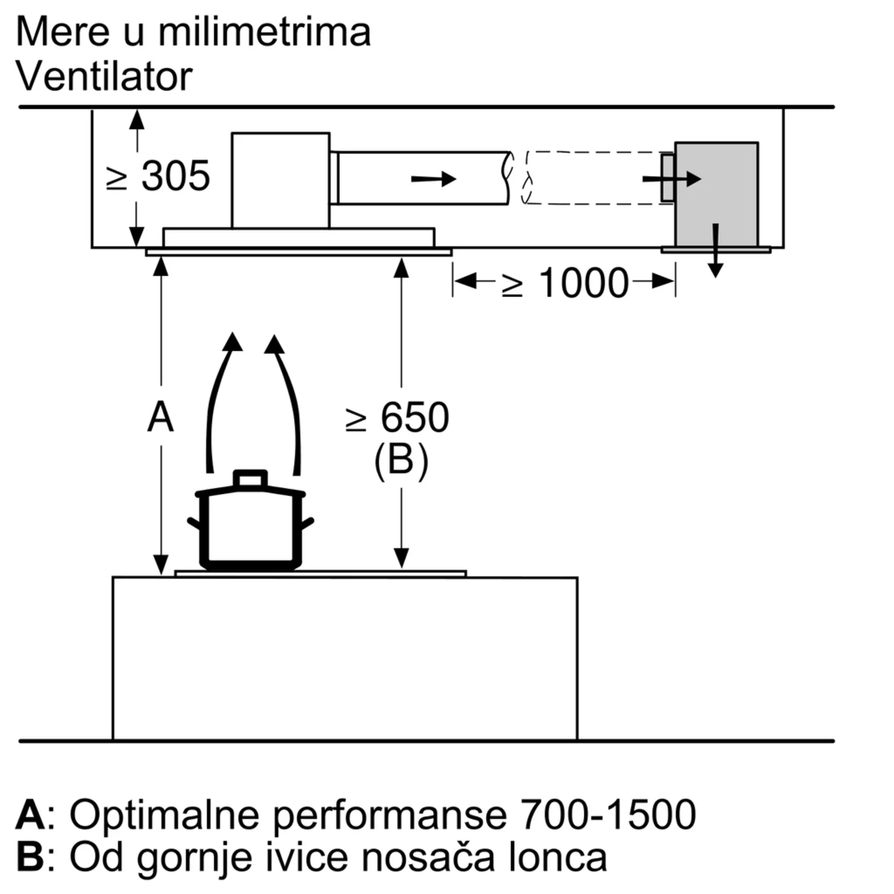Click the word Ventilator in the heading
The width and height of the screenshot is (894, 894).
[x=104, y=76]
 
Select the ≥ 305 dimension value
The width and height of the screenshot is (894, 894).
[x=158, y=176]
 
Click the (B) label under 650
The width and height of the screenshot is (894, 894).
[x=401, y=461]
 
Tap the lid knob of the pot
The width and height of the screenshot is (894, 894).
[x=250, y=478]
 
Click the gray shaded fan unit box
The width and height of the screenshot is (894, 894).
[x=716, y=194]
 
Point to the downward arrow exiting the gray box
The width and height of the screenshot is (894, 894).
[x=716, y=250]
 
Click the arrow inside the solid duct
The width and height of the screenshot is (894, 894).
[x=434, y=179]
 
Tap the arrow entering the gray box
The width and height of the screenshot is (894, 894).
[x=672, y=179]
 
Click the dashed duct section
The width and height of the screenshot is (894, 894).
[x=597, y=178]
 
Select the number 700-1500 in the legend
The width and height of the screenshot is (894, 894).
[x=608, y=814]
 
